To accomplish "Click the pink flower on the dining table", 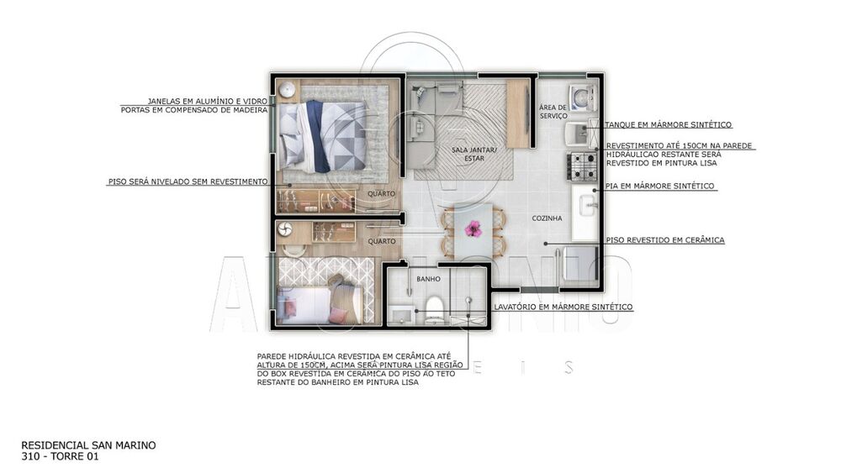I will point(473,228).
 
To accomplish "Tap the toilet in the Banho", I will point(435,307).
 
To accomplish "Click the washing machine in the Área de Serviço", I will point(580,99).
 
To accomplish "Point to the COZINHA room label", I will point(547,218).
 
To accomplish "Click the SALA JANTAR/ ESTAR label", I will point(474,153).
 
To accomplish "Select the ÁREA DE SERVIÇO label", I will point(553,112).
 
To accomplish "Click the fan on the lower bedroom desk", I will point(284,229).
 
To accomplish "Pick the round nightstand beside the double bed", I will point(287,90).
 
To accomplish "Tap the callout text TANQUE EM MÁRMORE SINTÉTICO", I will point(668,124).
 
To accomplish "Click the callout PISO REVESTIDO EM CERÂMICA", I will point(664,240).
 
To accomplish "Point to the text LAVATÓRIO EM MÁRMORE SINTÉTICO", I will point(563,307).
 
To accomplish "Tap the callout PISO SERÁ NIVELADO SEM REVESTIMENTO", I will point(188,181).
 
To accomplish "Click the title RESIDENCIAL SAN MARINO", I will point(88,445).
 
